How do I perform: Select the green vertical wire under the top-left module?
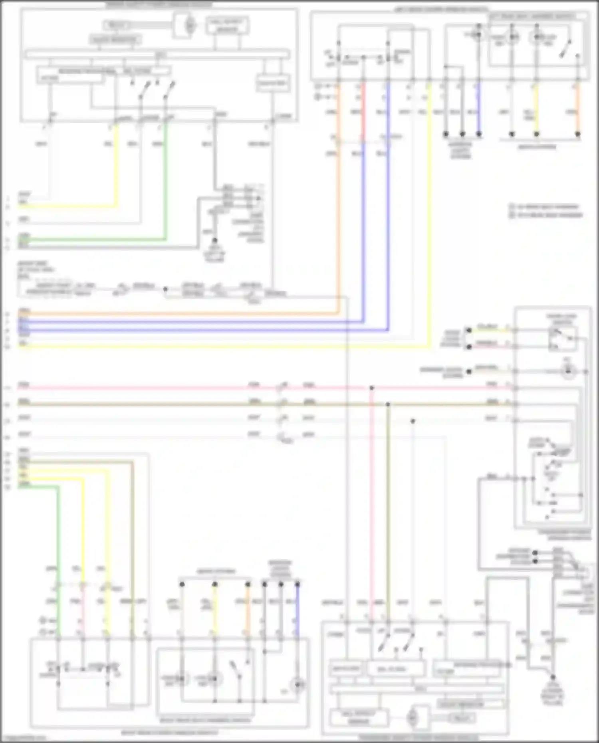tap(166, 180)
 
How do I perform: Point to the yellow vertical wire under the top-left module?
tap(117, 168)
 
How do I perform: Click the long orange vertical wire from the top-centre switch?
tap(339, 220)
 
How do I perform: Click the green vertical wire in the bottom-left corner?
tap(58, 559)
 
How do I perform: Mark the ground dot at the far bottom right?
tap(553, 678)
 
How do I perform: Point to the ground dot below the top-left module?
tap(214, 241)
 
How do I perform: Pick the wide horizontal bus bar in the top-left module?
tap(157, 53)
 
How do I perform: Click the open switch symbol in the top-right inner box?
tap(565, 48)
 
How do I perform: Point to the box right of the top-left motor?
tap(227, 26)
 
